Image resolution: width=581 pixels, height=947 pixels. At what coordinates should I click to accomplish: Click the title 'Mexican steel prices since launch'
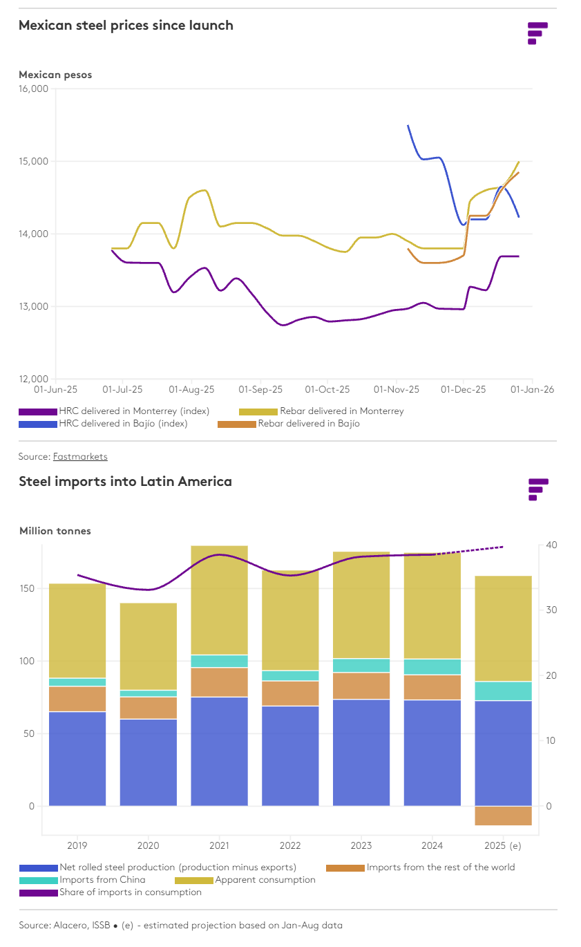tap(126, 26)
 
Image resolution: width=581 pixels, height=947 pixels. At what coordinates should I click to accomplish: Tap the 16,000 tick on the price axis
tap(33, 88)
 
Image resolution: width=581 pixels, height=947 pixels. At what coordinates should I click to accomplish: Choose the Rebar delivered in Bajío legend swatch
tap(236, 424)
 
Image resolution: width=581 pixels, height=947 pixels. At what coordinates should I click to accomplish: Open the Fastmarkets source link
tap(80, 456)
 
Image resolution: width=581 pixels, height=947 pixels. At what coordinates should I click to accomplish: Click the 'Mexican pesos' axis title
tap(55, 75)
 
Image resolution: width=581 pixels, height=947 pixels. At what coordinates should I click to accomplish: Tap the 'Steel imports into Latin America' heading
tap(125, 482)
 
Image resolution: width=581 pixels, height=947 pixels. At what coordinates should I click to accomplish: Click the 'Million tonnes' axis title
tap(55, 531)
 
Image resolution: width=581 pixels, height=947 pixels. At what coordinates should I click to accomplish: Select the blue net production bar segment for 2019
tap(77, 758)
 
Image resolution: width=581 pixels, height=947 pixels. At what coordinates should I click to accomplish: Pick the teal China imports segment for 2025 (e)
tap(503, 691)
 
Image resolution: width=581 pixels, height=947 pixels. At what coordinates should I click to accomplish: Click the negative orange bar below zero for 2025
tap(503, 816)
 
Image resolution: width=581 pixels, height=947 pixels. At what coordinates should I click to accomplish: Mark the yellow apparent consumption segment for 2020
tap(149, 646)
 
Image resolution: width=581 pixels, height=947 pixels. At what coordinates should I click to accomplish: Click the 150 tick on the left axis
tap(26, 588)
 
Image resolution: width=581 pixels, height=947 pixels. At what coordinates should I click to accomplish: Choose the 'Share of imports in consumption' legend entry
tap(131, 892)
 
